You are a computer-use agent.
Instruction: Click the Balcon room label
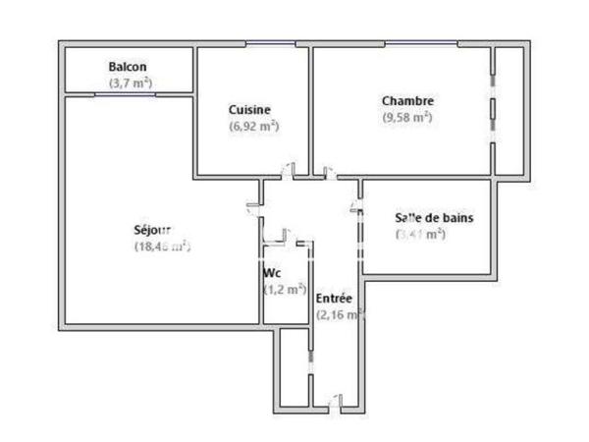(x=128, y=67)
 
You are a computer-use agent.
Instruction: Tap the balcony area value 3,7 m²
(x=130, y=83)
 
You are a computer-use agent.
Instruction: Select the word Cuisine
(x=249, y=109)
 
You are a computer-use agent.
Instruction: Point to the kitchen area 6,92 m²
(x=253, y=126)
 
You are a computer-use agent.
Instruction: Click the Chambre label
(x=407, y=100)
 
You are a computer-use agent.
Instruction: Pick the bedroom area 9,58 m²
(x=407, y=117)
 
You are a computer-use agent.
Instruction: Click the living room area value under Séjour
(x=161, y=248)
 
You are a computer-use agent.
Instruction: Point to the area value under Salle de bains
(x=421, y=234)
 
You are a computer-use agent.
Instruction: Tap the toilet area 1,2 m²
(x=285, y=290)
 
